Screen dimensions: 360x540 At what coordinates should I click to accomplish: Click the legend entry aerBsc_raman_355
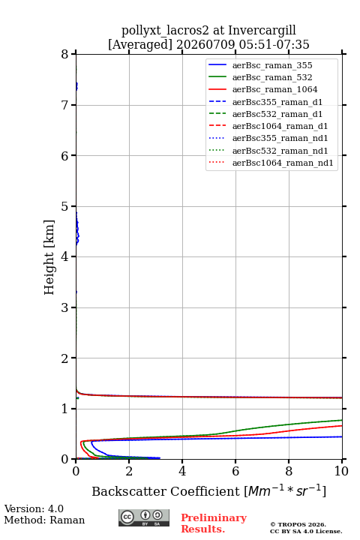[272, 65]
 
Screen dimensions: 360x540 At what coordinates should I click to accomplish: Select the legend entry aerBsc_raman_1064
[275, 89]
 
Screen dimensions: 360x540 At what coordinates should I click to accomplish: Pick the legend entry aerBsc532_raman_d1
[277, 114]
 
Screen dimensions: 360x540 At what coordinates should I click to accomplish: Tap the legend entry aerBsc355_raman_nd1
[280, 138]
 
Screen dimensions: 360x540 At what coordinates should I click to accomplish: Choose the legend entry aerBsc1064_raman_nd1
[283, 163]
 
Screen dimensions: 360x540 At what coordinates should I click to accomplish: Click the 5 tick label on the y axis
[64, 206]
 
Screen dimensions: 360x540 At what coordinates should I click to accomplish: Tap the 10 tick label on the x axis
[341, 471]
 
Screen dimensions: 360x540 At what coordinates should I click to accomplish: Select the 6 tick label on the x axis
[235, 471]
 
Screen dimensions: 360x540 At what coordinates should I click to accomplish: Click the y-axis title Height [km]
[49, 257]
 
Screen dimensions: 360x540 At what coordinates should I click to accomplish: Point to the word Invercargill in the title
[262, 31]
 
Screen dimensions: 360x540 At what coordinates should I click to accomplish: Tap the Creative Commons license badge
[144, 517]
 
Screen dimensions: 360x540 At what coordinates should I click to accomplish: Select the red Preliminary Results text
[214, 523]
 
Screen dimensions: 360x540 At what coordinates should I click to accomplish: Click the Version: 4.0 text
[34, 508]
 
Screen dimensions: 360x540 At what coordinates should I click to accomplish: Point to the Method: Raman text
[44, 520]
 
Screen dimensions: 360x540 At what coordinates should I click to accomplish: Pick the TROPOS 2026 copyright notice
[298, 524]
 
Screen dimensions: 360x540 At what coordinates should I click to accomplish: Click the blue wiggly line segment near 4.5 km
[77, 229]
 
